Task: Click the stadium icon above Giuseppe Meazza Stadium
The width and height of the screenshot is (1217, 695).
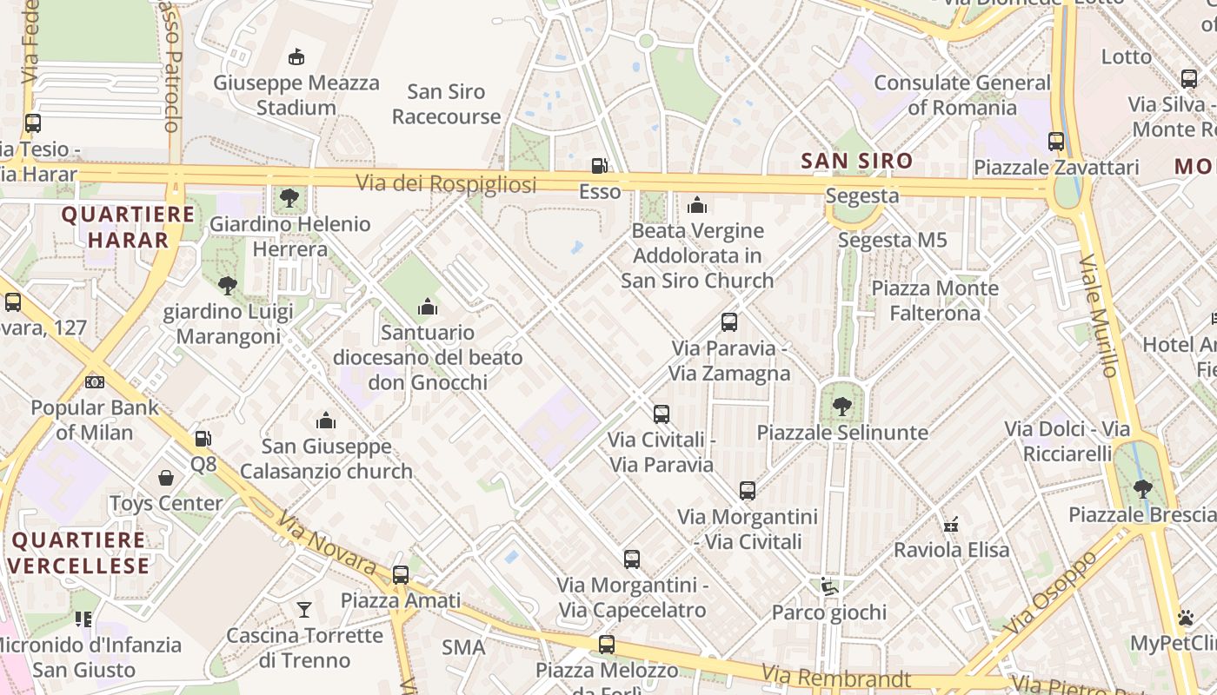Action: pyautogui.click(x=296, y=57)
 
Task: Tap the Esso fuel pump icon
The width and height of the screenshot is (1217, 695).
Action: pyautogui.click(x=599, y=165)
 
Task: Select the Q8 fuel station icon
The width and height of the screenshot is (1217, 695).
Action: pyautogui.click(x=203, y=439)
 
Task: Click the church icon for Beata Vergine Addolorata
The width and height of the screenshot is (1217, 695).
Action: pyautogui.click(x=697, y=205)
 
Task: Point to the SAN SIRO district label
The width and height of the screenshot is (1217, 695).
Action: pyautogui.click(x=856, y=161)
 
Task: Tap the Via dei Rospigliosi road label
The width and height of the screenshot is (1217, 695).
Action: pyautogui.click(x=446, y=183)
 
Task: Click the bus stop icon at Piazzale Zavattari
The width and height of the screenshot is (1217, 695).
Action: pyautogui.click(x=1056, y=141)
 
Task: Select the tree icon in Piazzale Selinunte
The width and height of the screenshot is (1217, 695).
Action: pyautogui.click(x=841, y=406)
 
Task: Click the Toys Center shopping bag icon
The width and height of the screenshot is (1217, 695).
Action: pyautogui.click(x=166, y=478)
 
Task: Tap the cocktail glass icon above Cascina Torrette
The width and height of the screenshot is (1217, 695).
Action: pyautogui.click(x=304, y=609)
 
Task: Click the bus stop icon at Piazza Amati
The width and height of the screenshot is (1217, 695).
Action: pyautogui.click(x=400, y=574)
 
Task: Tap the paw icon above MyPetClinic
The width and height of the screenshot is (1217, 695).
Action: pyautogui.click(x=1186, y=618)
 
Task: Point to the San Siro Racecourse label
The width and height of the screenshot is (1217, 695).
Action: pyautogui.click(x=446, y=104)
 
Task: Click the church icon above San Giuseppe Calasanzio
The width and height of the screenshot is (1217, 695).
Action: pyautogui.click(x=326, y=421)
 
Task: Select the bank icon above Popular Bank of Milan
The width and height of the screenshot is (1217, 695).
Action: pyautogui.click(x=95, y=382)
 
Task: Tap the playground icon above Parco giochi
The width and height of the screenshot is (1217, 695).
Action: pyautogui.click(x=829, y=587)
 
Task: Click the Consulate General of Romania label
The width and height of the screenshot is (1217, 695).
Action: pyautogui.click(x=962, y=96)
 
